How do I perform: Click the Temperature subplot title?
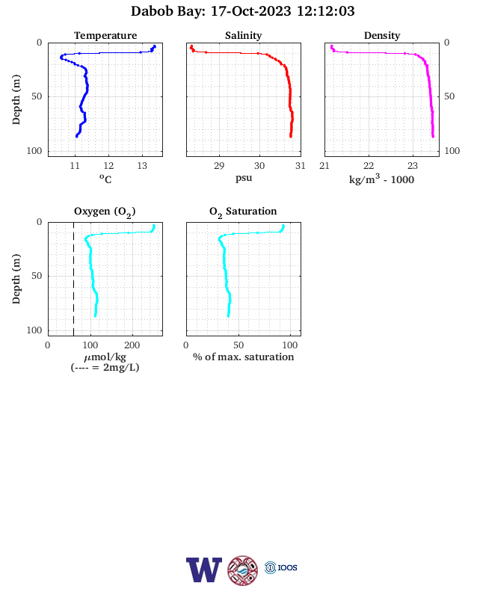pos(105,35)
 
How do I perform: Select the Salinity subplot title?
pos(244,35)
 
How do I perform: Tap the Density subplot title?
pos(382,35)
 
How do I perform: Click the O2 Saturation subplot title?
pos(243,212)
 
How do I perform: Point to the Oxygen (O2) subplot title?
pos(105,212)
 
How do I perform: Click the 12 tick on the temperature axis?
pos(108,166)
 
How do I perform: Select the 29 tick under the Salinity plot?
pos(219,166)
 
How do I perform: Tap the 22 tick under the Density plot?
pos(369,166)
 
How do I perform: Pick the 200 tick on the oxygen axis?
pos(132,345)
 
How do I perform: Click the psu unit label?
pos(244,178)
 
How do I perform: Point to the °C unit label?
pos(105,179)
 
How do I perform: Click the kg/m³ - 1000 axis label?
pos(381,179)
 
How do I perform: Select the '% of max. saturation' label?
pos(244,357)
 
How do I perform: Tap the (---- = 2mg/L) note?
pos(105,367)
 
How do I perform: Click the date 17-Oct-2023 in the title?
pos(250,11)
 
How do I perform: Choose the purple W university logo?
pos(204,570)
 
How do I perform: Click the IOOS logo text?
pos(287,567)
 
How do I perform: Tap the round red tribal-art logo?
pos(243,570)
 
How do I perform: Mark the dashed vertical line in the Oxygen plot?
pos(73,279)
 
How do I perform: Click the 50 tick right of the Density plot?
pos(449,96)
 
